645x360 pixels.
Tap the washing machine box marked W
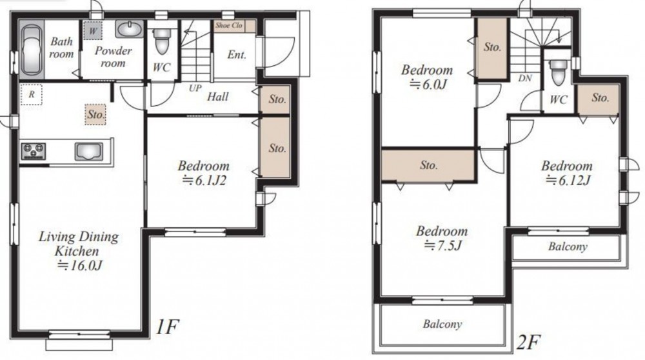coord(93,30)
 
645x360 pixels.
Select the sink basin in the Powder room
coord(130,29)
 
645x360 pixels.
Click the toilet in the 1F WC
coord(161,41)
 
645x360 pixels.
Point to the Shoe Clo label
coord(229,25)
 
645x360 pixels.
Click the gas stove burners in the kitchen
coord(34,150)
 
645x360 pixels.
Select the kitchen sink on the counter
coord(88,151)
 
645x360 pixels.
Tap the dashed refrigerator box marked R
coord(31,95)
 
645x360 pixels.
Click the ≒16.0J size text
coord(79,265)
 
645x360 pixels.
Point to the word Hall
coord(217,97)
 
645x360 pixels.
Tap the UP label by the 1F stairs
coord(195,88)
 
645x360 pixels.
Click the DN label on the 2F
coord(525,78)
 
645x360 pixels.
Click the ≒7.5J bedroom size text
coord(443,246)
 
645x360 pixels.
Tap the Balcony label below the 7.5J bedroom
coord(442,325)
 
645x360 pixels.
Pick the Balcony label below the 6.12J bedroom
coord(568,246)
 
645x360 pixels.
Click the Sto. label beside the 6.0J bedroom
coord(492,47)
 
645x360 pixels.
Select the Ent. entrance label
coord(237,54)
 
